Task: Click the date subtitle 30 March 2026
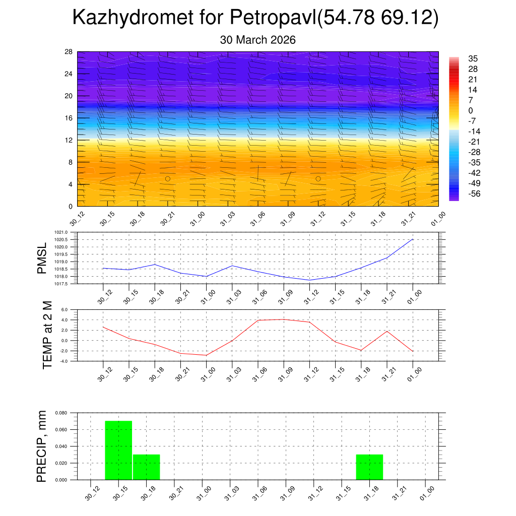coord(257,40)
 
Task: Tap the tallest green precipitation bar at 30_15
coord(118,450)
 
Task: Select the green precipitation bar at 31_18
coord(369,467)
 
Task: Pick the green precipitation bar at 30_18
coord(147,467)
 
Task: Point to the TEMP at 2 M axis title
coord(47,335)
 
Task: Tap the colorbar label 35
coord(473,58)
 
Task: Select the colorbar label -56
coord(473,193)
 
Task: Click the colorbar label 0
coord(471,110)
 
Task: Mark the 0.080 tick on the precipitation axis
coord(61,413)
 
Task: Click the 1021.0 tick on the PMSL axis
coord(61,232)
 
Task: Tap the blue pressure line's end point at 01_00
coord(413,239)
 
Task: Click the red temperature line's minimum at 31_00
coord(206,355)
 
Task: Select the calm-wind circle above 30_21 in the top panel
coord(168,178)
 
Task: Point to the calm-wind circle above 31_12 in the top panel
coord(318,178)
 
